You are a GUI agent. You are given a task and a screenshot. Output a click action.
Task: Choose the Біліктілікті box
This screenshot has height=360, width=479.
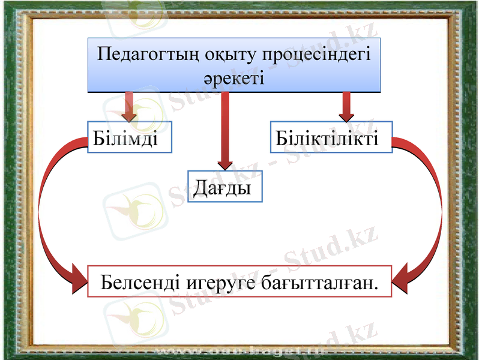click(331, 137)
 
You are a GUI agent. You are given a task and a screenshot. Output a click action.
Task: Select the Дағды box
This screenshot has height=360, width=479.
click(225, 187)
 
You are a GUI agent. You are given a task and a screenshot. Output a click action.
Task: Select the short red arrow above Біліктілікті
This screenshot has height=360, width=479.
click(346, 106)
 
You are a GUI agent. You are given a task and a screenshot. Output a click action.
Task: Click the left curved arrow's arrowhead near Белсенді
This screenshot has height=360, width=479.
click(78, 280)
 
